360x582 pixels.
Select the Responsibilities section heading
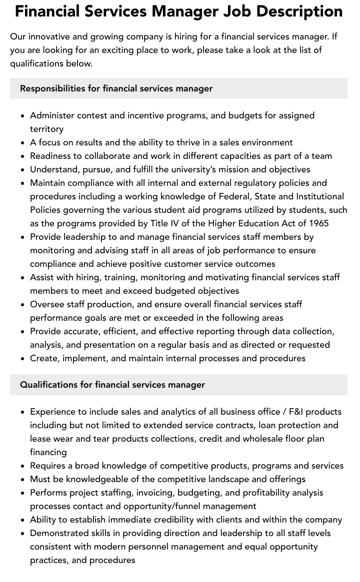point(116,88)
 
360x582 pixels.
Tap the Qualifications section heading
point(112,385)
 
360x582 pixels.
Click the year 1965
point(318,223)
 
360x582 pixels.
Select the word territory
point(46,129)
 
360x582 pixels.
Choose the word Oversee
point(47,304)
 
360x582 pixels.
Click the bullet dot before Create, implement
point(22,358)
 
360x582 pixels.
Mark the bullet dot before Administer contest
point(22,115)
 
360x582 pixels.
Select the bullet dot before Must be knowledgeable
point(22,479)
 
